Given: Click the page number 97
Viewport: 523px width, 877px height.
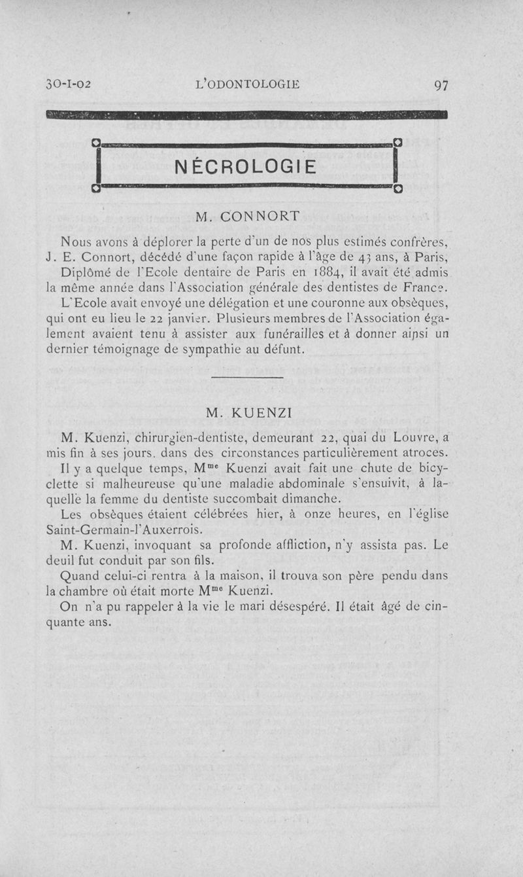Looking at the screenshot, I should tap(440, 85).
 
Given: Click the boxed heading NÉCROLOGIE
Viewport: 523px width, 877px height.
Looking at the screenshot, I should tap(246, 166).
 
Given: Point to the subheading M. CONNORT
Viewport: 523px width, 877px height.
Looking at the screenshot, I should tap(248, 215).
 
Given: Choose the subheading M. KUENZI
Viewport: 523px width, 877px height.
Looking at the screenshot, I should tap(248, 413).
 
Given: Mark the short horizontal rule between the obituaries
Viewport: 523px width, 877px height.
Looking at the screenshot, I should tap(247, 378).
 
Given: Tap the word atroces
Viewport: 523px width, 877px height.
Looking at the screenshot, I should tap(421, 453).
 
